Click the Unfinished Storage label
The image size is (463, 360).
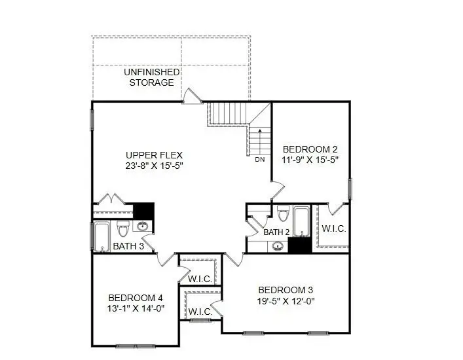pos(151,77)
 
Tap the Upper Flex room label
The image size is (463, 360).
pos(154,155)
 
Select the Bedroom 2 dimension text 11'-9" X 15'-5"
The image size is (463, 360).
pos(310,159)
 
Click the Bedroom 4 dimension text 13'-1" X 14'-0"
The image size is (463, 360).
pos(136,308)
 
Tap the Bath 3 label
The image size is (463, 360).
pos(128,246)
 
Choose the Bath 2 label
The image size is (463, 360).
pos(276,232)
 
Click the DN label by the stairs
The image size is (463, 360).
pos(260,160)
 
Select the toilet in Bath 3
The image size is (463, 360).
pos(122,229)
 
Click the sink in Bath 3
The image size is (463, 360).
pos(143,227)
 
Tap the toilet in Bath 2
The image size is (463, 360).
pos(283,215)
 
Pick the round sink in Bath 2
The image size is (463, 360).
pos(278,247)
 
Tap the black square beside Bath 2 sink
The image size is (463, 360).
pos(299,245)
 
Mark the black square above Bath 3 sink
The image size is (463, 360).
pos(143,211)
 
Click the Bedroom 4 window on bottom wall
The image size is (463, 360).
pos(134,345)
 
